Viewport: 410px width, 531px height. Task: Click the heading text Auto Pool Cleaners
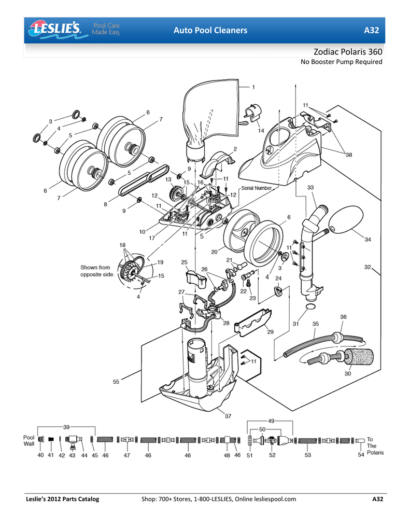pos(210,31)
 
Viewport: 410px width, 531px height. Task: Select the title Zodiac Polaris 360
pos(348,52)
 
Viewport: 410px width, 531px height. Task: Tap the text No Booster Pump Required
pos(342,62)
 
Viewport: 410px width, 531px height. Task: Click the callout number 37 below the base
pos(228,415)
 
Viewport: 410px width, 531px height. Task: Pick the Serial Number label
pos(256,188)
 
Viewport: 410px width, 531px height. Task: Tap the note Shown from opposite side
pos(97,271)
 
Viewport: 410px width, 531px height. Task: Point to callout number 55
pos(116,382)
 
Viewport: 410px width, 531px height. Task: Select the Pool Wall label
pos(30,440)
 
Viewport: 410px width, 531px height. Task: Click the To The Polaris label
pos(375,445)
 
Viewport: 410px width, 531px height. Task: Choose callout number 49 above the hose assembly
pos(271,421)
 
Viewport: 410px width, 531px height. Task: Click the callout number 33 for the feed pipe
pos(310,187)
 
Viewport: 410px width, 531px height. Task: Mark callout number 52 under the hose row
pos(272,455)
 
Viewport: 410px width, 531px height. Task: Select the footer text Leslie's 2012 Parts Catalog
pos(63,499)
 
